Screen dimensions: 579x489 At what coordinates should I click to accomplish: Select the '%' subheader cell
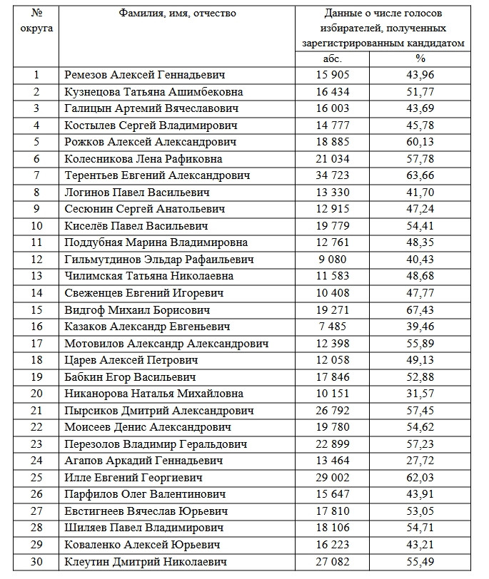(x=420, y=58)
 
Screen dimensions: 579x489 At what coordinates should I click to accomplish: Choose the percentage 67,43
(x=420, y=309)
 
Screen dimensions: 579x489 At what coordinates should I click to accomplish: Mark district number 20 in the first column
(x=37, y=394)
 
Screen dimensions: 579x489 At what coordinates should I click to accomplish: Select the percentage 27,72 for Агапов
(x=420, y=461)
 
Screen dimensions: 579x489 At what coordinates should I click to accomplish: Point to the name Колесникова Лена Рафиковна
(x=143, y=159)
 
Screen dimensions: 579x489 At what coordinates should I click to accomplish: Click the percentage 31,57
(x=420, y=394)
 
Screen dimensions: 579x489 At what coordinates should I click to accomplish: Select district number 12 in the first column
(x=37, y=260)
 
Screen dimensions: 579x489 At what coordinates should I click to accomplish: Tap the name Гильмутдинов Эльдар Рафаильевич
(x=158, y=260)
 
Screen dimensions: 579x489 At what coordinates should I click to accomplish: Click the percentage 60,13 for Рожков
(x=420, y=142)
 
